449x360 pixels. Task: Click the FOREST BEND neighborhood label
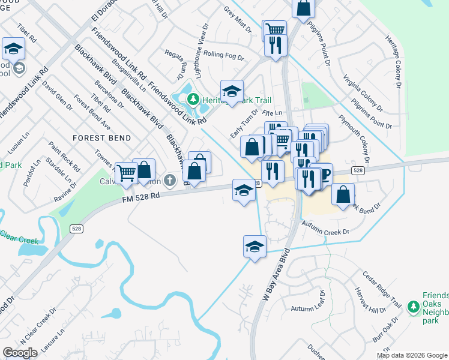click(x=101, y=138)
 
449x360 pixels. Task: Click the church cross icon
click(x=170, y=179)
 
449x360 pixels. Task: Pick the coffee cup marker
click(x=322, y=174)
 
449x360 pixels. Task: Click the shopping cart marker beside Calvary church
click(x=127, y=173)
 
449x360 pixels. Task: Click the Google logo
click(x=20, y=352)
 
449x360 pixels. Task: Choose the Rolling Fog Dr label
click(x=223, y=55)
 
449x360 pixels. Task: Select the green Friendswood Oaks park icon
click(x=413, y=307)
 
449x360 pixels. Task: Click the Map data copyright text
click(x=412, y=355)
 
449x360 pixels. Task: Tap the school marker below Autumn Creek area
click(x=255, y=247)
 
